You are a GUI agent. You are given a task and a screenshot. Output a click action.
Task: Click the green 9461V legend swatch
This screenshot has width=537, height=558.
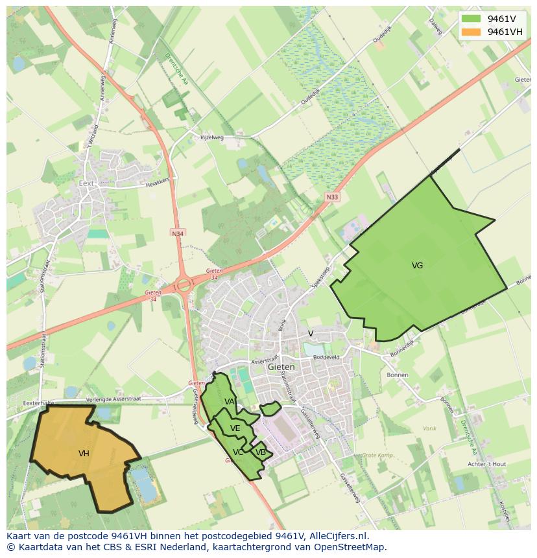(471, 19)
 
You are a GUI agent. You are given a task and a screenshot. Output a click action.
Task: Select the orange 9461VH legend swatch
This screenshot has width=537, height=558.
(471, 32)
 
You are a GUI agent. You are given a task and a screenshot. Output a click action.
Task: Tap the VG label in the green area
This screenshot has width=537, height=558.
(417, 266)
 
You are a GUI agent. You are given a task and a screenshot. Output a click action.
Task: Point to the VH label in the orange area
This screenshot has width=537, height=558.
(84, 454)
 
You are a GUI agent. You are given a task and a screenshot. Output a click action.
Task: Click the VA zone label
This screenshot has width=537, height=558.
(229, 402)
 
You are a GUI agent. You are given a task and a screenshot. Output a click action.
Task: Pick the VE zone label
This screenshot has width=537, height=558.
(235, 428)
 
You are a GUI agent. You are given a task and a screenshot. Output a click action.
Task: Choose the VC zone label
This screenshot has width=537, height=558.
(238, 452)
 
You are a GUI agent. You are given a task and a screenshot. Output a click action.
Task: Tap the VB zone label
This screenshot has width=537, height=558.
(260, 452)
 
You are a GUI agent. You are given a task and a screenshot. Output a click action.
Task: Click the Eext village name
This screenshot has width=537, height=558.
(86, 183)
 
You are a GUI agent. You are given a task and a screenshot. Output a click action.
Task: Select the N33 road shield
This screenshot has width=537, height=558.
(333, 197)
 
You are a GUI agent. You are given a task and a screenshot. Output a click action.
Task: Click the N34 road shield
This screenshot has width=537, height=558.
(177, 233)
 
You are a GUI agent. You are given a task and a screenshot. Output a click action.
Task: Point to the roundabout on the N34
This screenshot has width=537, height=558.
(184, 283)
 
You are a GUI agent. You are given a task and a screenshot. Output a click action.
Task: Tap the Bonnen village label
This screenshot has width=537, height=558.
(397, 375)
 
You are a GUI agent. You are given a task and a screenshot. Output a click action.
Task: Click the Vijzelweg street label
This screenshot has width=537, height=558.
(211, 137)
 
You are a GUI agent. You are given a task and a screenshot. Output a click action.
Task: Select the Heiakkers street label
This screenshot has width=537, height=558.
(157, 182)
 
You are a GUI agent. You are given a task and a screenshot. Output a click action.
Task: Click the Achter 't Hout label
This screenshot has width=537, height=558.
(486, 464)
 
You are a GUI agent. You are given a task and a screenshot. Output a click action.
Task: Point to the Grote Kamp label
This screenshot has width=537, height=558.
(378, 456)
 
